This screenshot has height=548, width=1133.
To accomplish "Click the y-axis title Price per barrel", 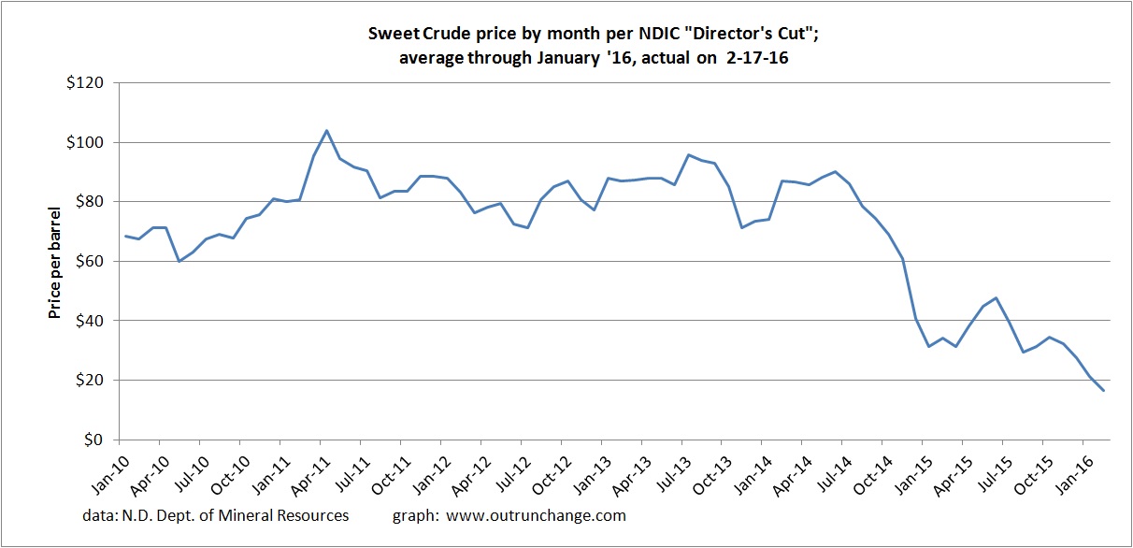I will point(55,262).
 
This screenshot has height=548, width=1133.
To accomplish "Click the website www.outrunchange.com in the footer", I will point(537,515).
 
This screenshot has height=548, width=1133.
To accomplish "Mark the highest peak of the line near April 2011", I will point(326,130).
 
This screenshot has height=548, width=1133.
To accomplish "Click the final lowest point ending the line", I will point(1104,391).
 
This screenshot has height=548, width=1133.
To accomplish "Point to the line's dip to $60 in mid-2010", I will point(179,261).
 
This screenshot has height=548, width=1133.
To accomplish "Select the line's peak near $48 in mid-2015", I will point(997,298).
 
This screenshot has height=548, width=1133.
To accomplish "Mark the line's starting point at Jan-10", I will point(125,236).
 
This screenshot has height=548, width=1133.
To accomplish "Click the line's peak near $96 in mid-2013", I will point(689,154).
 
